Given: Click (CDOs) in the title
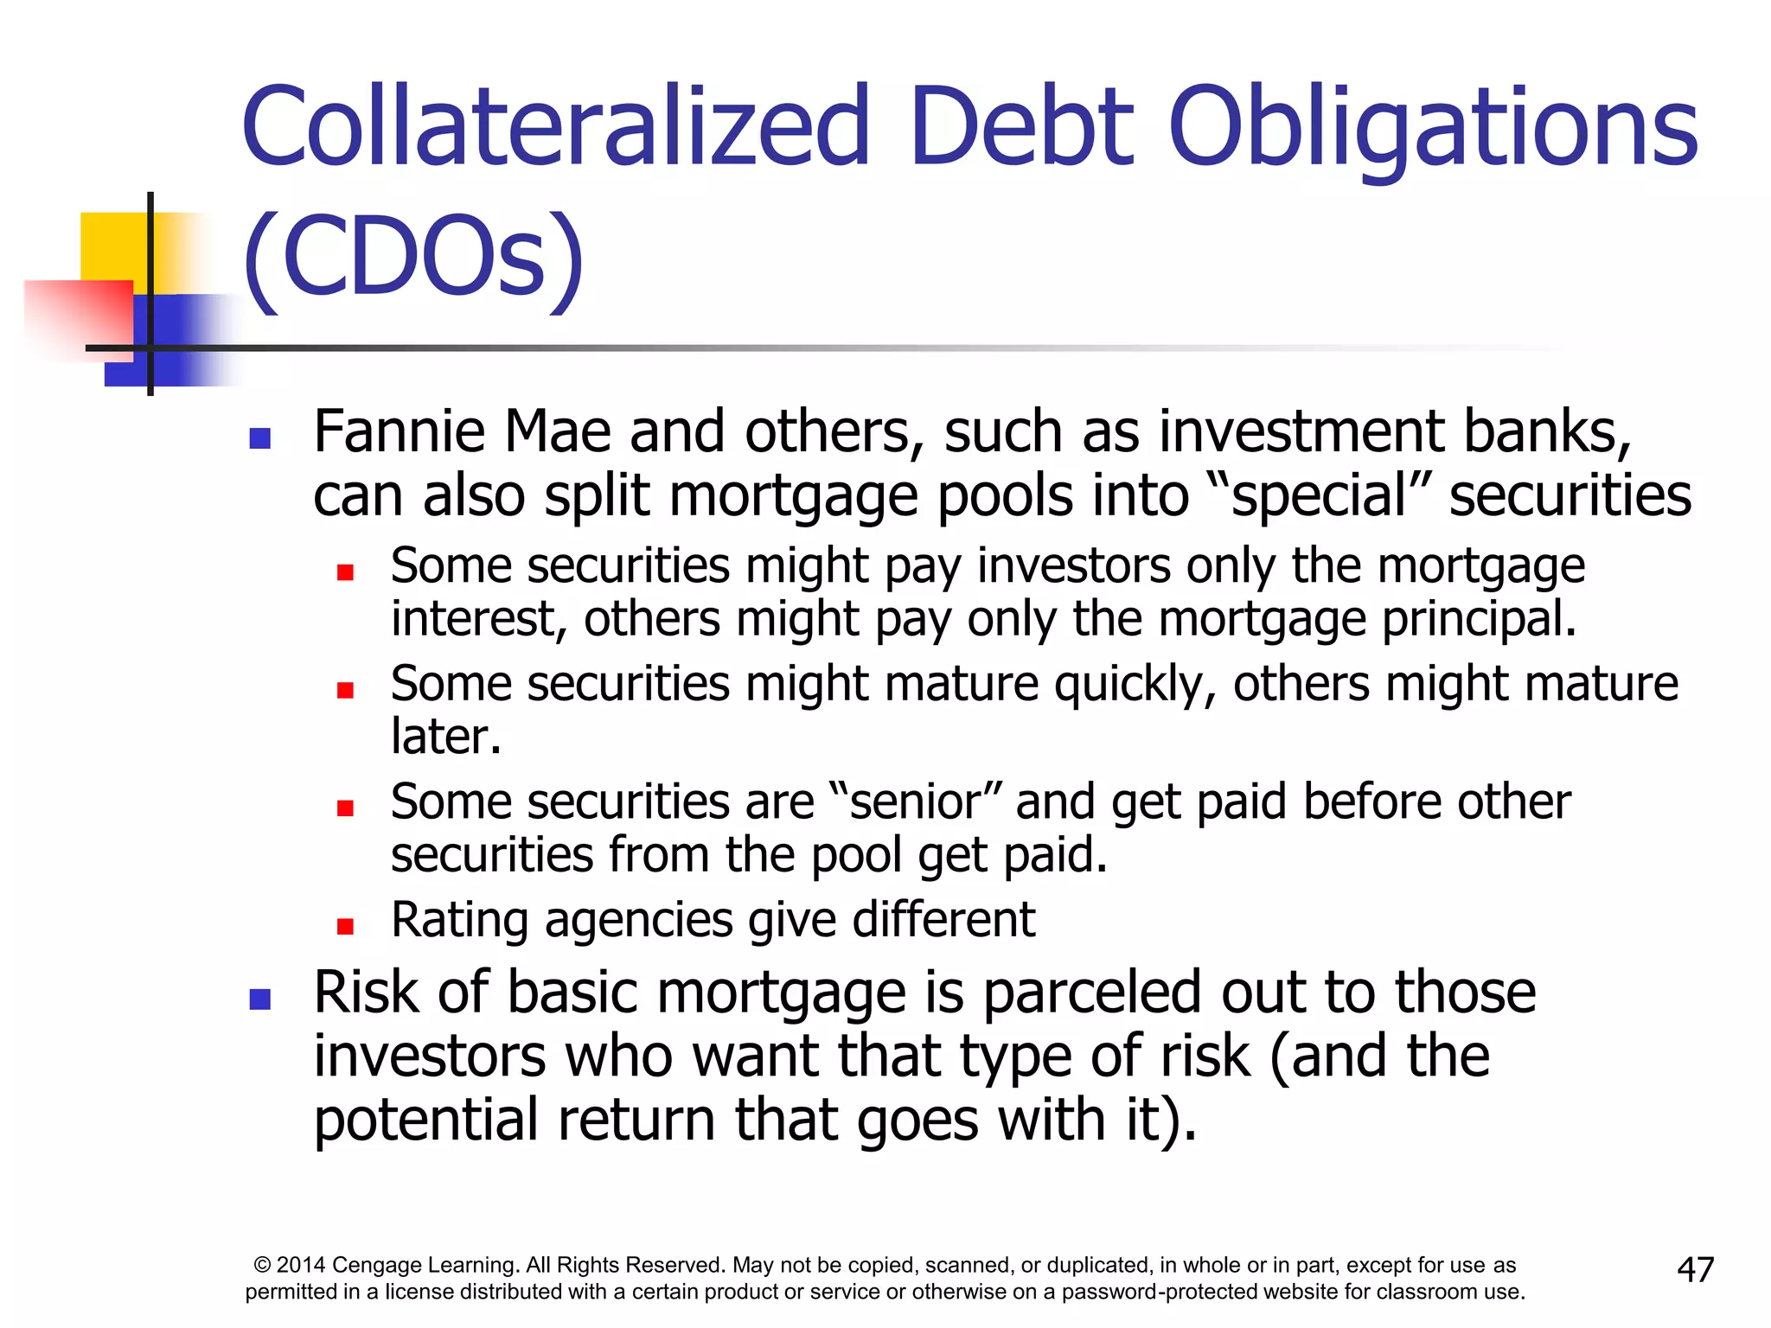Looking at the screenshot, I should tap(414, 257).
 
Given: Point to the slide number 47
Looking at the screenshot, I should tap(1695, 1269).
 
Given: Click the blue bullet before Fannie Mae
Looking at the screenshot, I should tap(260, 438).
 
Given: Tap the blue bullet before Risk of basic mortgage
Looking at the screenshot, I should tap(260, 999).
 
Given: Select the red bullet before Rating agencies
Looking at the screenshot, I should tap(346, 927).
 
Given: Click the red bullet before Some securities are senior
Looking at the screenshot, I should tap(346, 808).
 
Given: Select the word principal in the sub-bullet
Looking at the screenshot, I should tap(1479, 620).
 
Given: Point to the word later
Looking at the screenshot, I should tap(445, 737).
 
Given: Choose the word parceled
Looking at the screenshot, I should tap(1092, 992).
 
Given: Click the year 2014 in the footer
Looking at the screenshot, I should tap(301, 1265).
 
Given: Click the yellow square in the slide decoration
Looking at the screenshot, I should tap(112, 246).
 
